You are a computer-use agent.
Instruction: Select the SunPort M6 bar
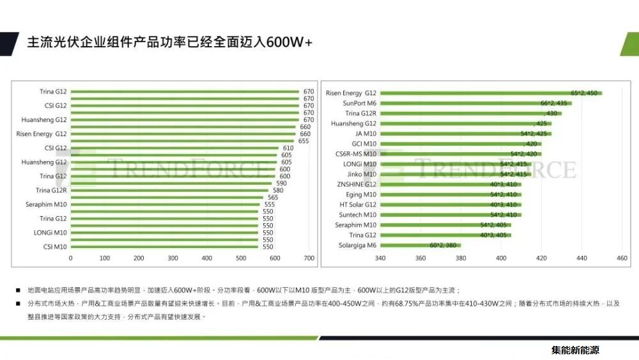476,103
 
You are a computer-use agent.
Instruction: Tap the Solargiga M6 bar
420,246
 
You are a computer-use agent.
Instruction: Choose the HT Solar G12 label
358,205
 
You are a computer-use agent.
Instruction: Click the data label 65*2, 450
584,93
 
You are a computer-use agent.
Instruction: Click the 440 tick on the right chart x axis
581,258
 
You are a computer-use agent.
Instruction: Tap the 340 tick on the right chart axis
380,258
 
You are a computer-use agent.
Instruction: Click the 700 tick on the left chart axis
309,258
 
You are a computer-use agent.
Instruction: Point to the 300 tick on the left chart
173,258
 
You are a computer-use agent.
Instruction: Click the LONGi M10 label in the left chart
50,233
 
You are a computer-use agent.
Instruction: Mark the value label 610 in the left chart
288,148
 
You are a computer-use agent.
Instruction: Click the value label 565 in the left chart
273,198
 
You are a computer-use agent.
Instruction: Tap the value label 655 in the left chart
304,141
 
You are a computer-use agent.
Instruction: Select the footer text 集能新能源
575,350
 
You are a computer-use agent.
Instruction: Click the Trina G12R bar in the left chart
169,191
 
